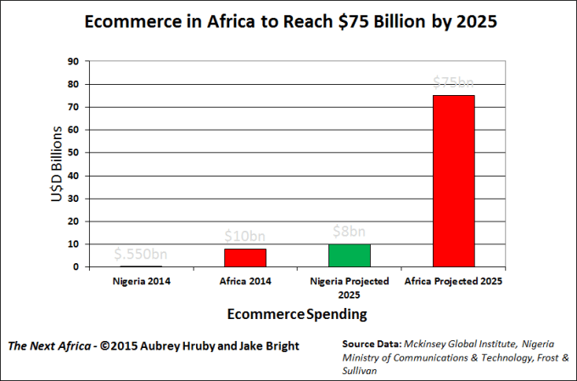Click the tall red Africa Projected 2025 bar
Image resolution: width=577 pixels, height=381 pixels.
(453, 181)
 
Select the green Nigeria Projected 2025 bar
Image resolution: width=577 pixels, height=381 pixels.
(350, 255)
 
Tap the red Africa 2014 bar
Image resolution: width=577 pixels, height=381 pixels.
(245, 257)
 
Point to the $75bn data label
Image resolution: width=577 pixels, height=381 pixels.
(453, 82)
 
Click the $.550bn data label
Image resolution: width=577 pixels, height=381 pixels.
(142, 254)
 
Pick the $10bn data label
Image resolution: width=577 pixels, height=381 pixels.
(244, 233)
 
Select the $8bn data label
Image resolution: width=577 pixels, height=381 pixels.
(349, 231)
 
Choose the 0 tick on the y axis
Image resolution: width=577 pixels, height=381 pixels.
(76, 267)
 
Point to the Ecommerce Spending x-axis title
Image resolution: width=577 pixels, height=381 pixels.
(297, 314)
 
